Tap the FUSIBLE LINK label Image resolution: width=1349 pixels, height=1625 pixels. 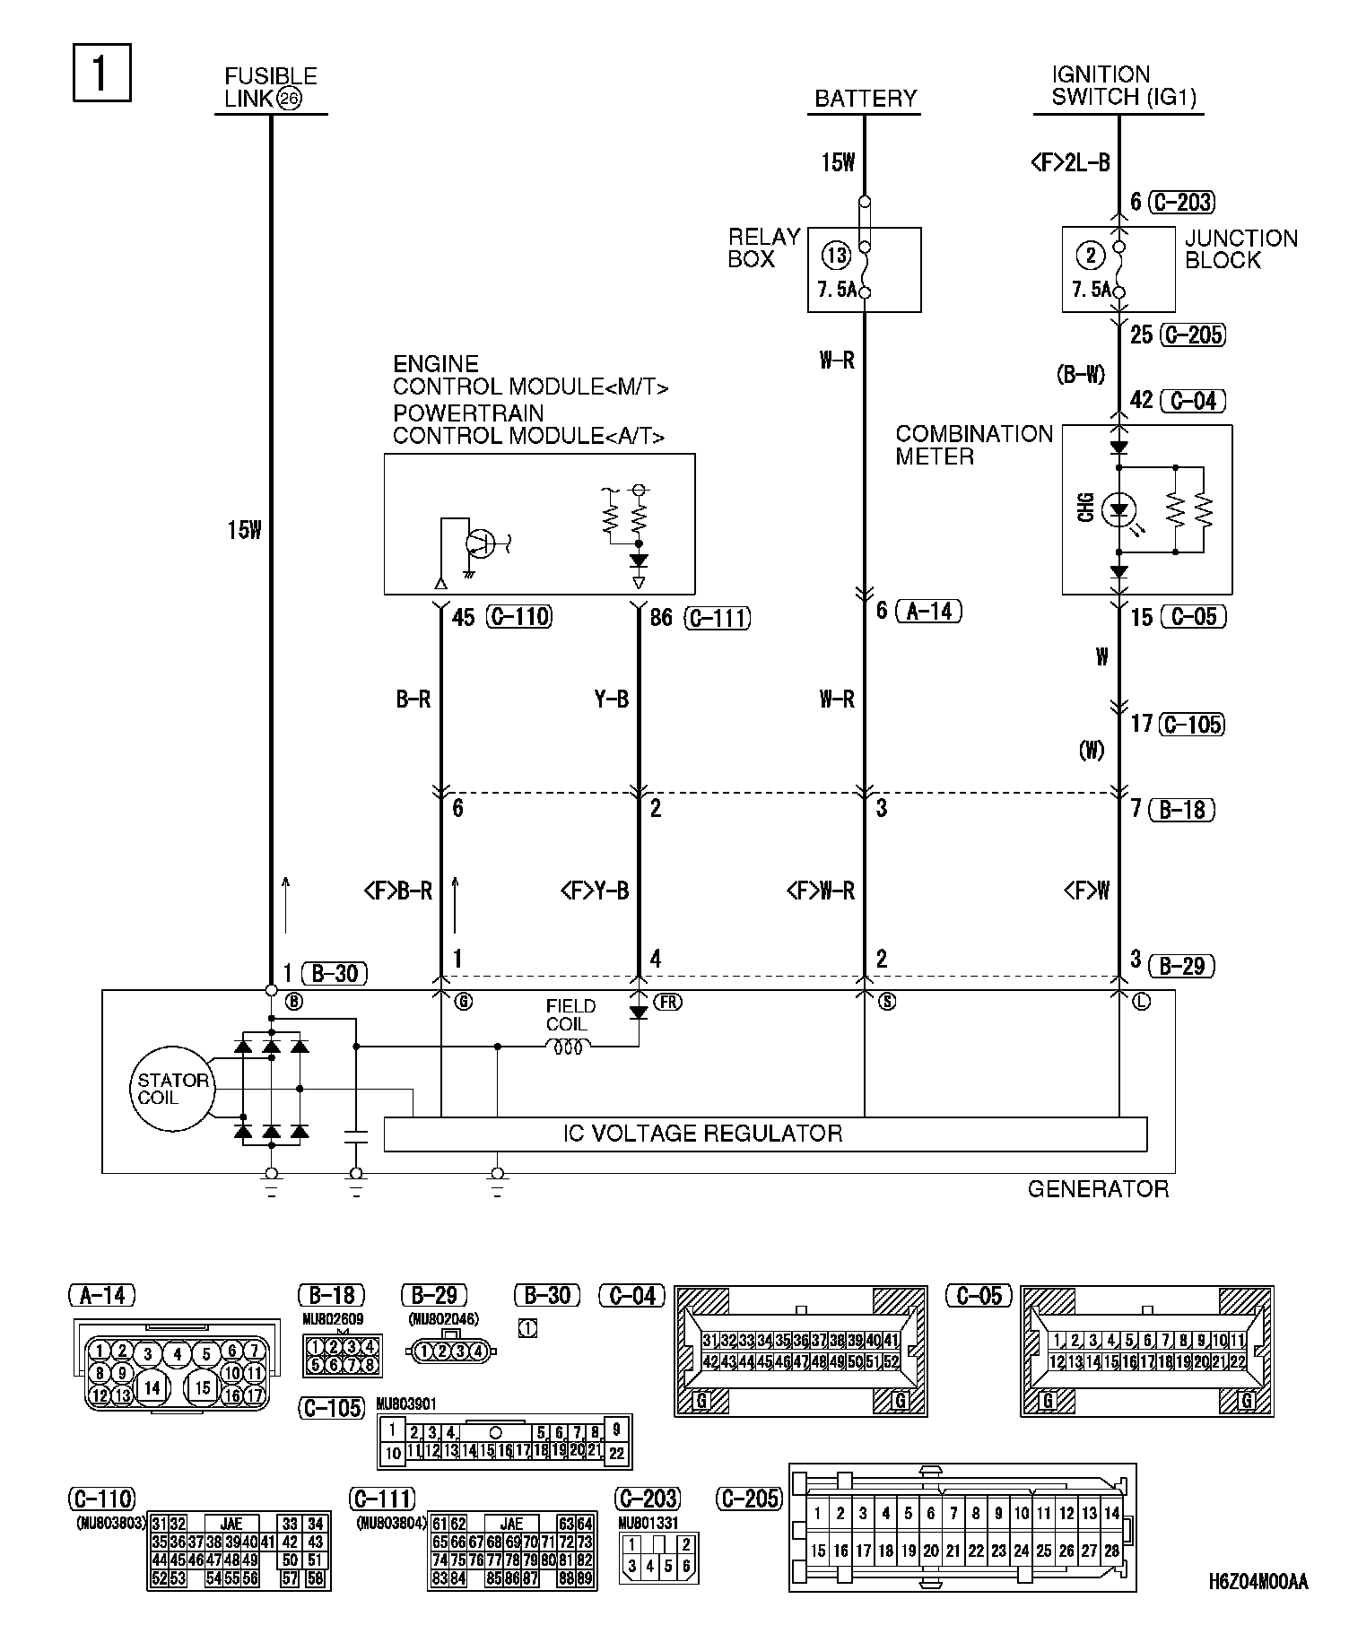pyautogui.click(x=270, y=88)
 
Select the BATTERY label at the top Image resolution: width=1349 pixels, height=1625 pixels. pyautogui.click(x=866, y=99)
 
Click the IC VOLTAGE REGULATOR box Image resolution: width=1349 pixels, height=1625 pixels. pyautogui.click(x=765, y=1134)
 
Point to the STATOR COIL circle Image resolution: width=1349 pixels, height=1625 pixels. pyautogui.click(x=172, y=1089)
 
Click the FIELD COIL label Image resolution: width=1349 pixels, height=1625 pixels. pyautogui.click(x=570, y=1015)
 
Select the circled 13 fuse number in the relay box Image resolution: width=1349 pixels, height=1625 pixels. pyautogui.click(x=837, y=256)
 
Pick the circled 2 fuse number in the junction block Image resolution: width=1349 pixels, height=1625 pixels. pyautogui.click(x=1091, y=256)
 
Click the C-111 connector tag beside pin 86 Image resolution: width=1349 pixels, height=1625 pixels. pyautogui.click(x=717, y=618)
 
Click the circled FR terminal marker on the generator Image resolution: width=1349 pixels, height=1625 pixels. pyautogui.click(x=667, y=1003)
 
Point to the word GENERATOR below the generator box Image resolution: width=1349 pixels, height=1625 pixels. pyautogui.click(x=1098, y=1189)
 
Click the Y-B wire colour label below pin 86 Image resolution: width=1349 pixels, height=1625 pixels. pyautogui.click(x=612, y=700)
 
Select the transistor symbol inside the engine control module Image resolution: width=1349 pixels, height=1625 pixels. pyautogui.click(x=480, y=543)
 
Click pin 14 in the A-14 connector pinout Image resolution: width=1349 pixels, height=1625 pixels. pyautogui.click(x=153, y=1387)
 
